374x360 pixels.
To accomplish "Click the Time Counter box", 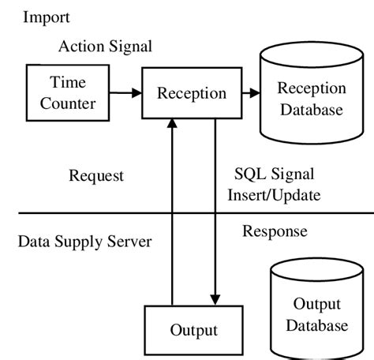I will click(68, 92).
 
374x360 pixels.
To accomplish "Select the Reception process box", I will click(192, 93).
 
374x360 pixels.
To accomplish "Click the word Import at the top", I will click(47, 17).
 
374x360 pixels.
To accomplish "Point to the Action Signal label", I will click(105, 46).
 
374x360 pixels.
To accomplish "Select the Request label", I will click(96, 175).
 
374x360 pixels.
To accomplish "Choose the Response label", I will click(275, 231).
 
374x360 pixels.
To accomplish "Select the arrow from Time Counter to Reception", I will click(125, 93).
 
